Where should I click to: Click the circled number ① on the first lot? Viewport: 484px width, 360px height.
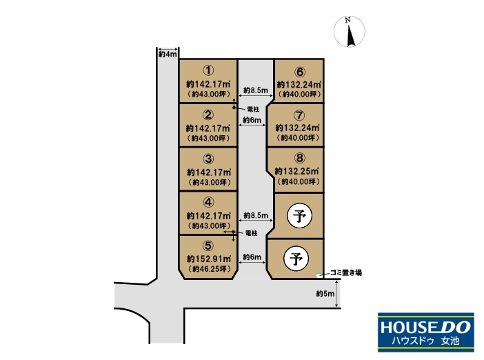(x=208, y=70)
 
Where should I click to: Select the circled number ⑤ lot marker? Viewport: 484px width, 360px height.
(x=208, y=246)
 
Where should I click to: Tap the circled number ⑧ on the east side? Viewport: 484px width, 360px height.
(x=299, y=158)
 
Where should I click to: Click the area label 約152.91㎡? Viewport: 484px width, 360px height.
(x=209, y=259)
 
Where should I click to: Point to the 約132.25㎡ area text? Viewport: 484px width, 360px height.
(x=297, y=171)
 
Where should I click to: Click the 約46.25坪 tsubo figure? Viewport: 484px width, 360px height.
(x=210, y=269)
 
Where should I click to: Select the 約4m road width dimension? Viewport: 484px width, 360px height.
(x=168, y=54)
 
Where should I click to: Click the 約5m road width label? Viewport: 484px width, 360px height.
(x=325, y=294)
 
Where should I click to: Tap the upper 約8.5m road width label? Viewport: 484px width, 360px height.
(x=256, y=90)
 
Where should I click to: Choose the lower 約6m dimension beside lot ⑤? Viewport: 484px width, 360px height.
(x=252, y=257)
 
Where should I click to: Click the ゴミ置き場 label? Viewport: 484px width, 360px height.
(x=346, y=272)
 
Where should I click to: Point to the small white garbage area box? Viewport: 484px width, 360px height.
(x=319, y=275)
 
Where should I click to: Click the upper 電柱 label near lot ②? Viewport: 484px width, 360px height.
(x=254, y=109)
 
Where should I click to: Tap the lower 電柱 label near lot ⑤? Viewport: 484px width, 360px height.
(x=252, y=233)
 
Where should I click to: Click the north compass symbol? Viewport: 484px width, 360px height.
(x=350, y=32)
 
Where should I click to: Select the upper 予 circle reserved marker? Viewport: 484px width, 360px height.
(x=299, y=215)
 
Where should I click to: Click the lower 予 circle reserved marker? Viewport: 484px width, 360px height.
(x=296, y=259)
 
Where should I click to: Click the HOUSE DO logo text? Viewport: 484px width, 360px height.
(x=426, y=327)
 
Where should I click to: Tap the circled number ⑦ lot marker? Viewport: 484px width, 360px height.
(x=299, y=115)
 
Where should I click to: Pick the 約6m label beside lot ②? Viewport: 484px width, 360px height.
(x=252, y=120)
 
